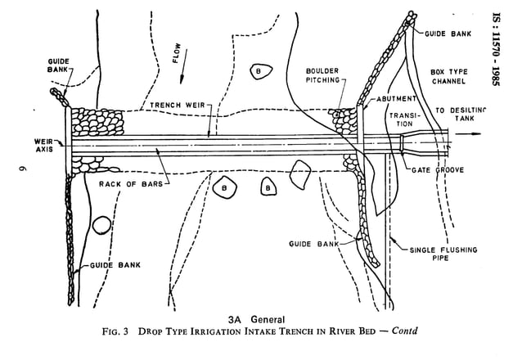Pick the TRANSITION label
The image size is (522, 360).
[403, 120]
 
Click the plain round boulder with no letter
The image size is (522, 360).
[101, 225]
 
